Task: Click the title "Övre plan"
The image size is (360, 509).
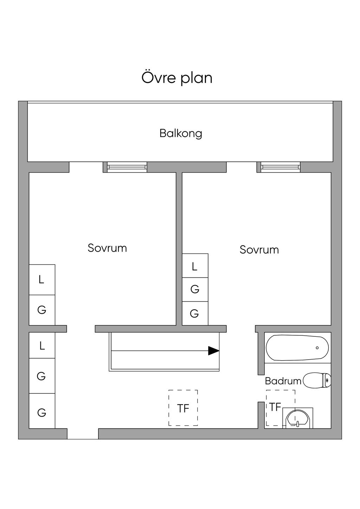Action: pos(177,78)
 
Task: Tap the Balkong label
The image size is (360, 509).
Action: pos(181,133)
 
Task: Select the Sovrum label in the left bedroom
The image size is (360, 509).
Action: pos(107,248)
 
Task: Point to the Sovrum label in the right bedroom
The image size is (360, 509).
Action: pos(259,250)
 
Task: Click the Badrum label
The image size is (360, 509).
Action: pos(283,381)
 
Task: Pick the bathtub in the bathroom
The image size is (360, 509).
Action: pos(297,348)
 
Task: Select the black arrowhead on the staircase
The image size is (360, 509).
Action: pos(213,351)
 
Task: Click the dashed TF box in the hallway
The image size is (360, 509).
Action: pos(183,408)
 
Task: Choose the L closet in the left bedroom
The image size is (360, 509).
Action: pos(42,280)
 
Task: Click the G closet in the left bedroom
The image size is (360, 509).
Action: pos(42,310)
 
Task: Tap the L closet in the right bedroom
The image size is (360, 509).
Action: pos(195,266)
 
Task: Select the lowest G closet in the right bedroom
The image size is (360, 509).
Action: pos(195,313)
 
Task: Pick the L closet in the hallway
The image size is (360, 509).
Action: pos(42,346)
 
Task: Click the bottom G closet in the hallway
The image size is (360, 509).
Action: pos(42,412)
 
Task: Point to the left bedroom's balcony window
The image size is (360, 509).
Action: pos(127,167)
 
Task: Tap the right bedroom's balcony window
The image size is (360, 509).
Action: pos(281,167)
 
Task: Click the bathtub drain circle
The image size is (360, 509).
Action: pos(317,348)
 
